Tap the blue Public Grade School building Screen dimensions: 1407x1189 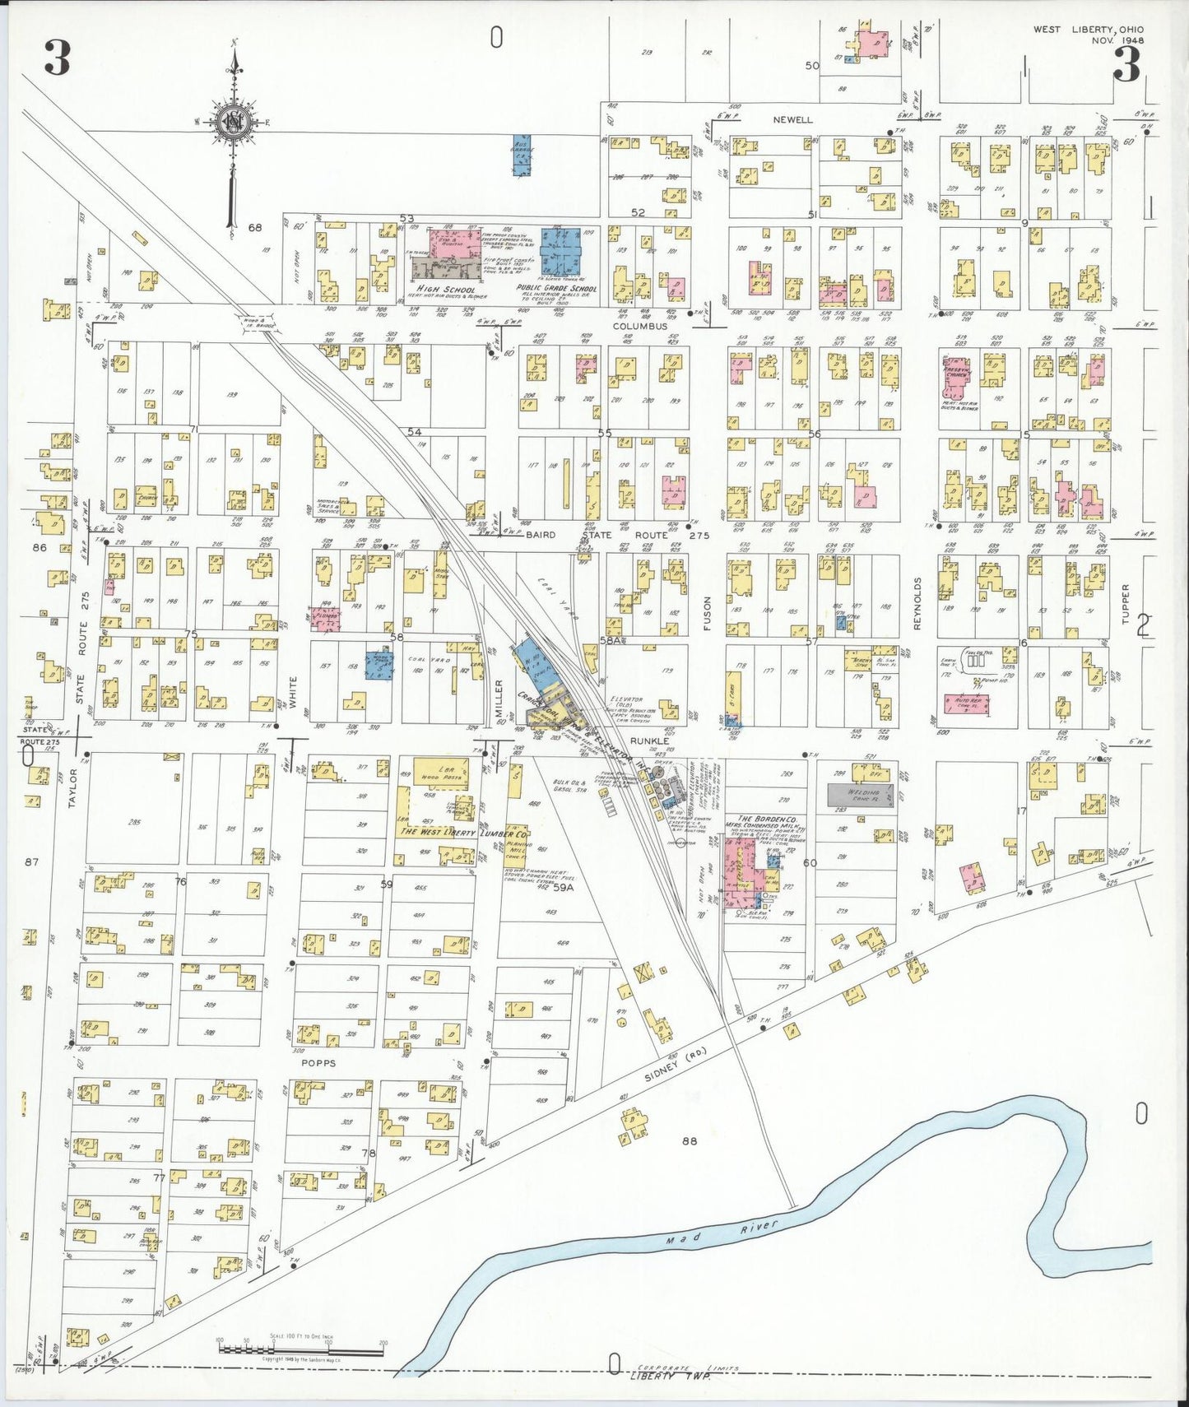(x=560, y=251)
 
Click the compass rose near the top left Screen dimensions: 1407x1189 (x=235, y=123)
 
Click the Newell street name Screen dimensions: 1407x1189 (x=792, y=119)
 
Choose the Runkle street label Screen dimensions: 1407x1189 (x=669, y=741)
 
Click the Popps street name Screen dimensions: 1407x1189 (x=318, y=1063)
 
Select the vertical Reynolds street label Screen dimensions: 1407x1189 (x=917, y=603)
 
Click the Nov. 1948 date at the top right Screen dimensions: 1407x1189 (x=1117, y=39)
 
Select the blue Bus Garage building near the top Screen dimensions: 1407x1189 (x=522, y=156)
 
